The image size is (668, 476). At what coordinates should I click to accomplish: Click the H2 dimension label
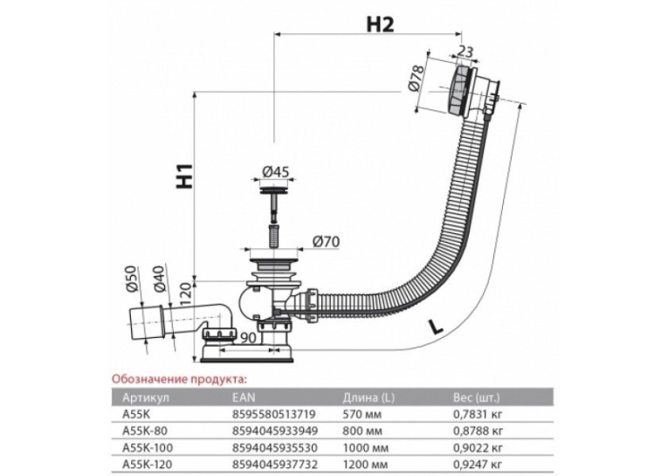coord(380,24)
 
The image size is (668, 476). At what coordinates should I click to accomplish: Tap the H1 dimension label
coord(184,176)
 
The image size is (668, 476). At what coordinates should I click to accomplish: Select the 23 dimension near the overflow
coord(465,52)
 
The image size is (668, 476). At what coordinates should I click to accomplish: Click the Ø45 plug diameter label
coord(275,172)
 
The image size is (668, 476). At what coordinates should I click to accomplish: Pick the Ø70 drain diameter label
coord(326,242)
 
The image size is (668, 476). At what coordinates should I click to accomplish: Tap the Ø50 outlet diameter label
coord(131,279)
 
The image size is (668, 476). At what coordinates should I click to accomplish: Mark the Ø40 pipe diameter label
coord(158,279)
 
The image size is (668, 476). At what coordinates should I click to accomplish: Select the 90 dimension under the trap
coord(247,337)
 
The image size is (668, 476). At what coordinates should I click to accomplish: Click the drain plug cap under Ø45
coord(274,188)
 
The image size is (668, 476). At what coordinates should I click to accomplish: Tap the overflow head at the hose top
coord(474,90)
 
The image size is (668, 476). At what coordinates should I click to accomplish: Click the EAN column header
coord(244,397)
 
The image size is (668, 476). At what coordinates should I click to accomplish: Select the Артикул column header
coord(146,397)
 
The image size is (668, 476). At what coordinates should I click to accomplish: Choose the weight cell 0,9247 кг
coord(478,465)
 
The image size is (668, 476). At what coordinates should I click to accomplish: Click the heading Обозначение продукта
coord(179,379)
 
